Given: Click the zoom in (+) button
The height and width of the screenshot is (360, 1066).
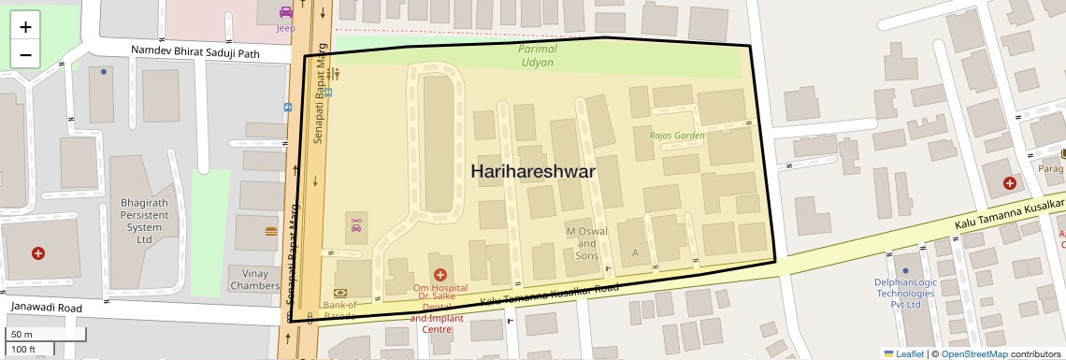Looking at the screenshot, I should tap(25, 27).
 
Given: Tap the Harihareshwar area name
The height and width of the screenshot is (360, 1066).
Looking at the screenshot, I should tap(532, 172).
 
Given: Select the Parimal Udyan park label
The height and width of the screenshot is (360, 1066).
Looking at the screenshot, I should tap(537, 55).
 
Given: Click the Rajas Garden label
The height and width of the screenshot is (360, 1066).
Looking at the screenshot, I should tap(677, 136).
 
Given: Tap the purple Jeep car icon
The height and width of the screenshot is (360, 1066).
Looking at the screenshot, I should tap(285, 13).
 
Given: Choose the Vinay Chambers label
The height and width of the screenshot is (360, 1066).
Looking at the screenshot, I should tap(254, 280).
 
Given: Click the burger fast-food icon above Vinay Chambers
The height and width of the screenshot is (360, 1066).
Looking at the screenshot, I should tap(271, 231).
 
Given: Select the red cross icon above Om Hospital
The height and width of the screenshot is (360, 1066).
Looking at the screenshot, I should tap(439, 273).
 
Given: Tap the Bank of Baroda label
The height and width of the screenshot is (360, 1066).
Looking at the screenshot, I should tap(339, 310).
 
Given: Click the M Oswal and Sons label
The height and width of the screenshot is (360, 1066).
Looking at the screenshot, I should tap(586, 243).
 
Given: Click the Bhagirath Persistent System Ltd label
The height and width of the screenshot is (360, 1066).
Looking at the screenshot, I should tap(143, 221).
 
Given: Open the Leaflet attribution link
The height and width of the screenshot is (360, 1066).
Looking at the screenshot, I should tap(903, 353).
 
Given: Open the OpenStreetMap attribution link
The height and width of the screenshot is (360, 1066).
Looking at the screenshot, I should tap(973, 353).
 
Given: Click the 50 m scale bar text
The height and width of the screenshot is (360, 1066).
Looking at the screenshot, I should tap(22, 335).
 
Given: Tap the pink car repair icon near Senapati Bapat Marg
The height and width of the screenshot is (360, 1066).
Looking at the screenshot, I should tap(356, 224).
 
